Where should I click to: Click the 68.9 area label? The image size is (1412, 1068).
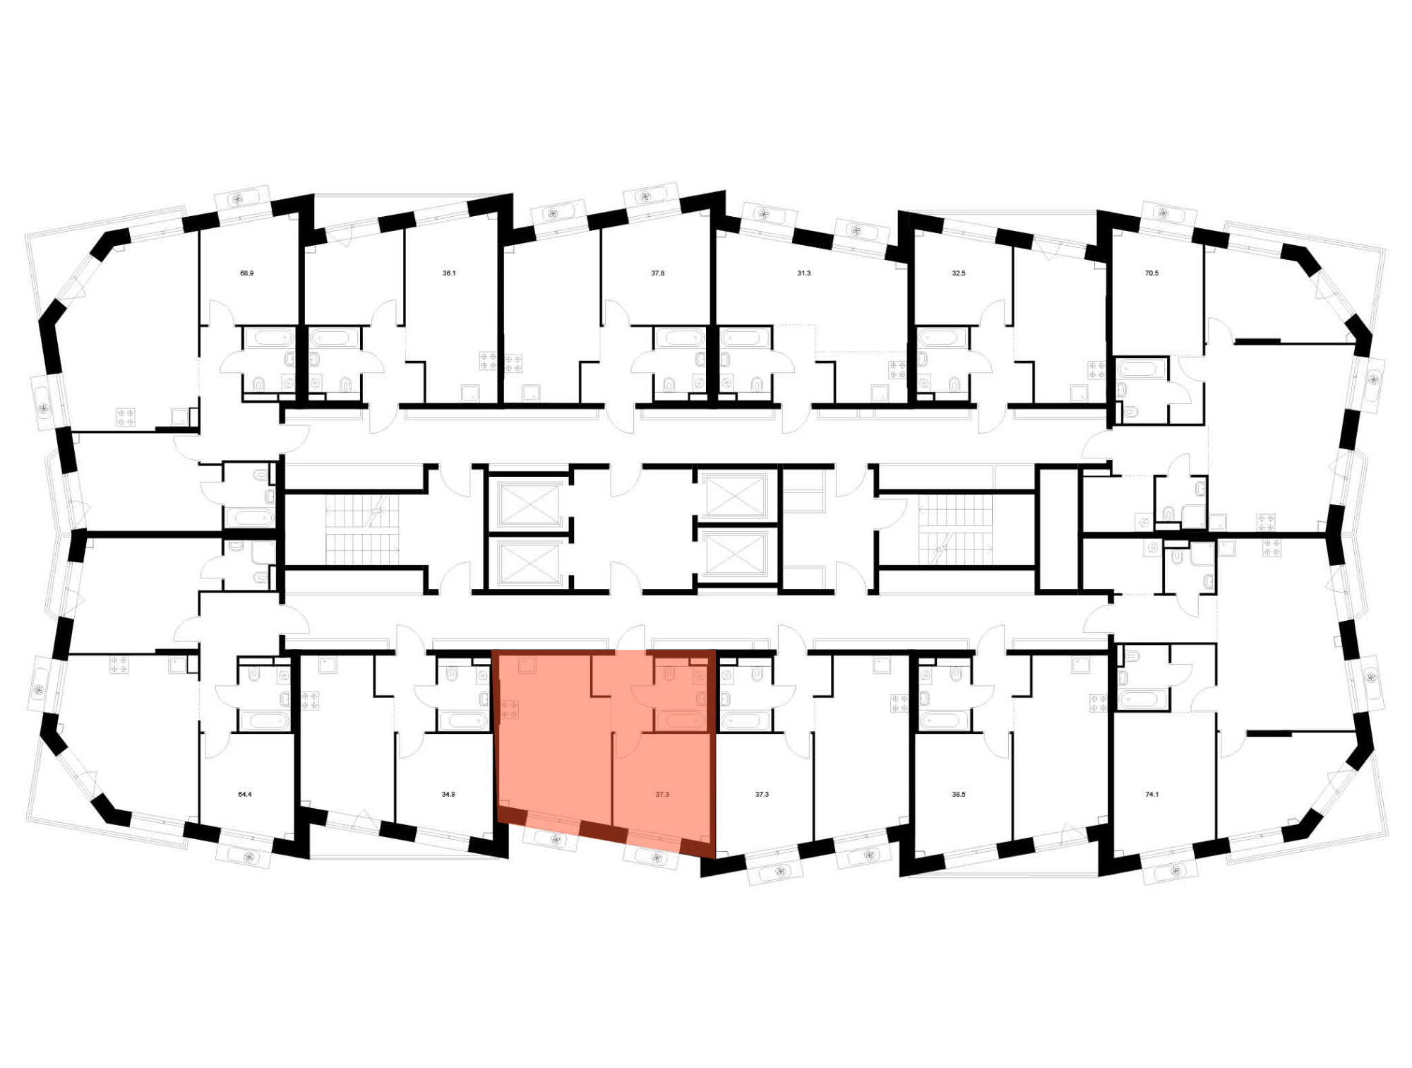click(246, 273)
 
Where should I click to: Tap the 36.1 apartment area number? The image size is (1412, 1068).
click(449, 273)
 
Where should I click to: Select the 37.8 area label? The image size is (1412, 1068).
click(657, 273)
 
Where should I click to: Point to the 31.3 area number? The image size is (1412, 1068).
click(803, 273)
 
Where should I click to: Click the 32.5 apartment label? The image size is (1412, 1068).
click(958, 273)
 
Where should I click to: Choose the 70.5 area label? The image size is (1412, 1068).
click(1151, 273)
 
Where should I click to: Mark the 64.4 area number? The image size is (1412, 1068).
click(244, 794)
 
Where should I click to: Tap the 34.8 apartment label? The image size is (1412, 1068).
click(448, 794)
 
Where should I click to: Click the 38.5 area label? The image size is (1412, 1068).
click(958, 794)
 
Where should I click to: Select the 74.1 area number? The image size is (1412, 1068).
click(1151, 794)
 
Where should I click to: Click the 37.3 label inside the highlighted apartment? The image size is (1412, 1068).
click(662, 794)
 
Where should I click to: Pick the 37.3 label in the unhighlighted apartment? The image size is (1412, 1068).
click(762, 794)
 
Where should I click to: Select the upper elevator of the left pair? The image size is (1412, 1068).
click(528, 503)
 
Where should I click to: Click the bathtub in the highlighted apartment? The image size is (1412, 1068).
click(680, 720)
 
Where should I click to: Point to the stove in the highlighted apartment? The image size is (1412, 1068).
click(510, 709)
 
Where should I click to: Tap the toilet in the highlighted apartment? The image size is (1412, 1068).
click(669, 675)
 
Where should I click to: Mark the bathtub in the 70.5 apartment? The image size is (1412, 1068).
click(1141, 369)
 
